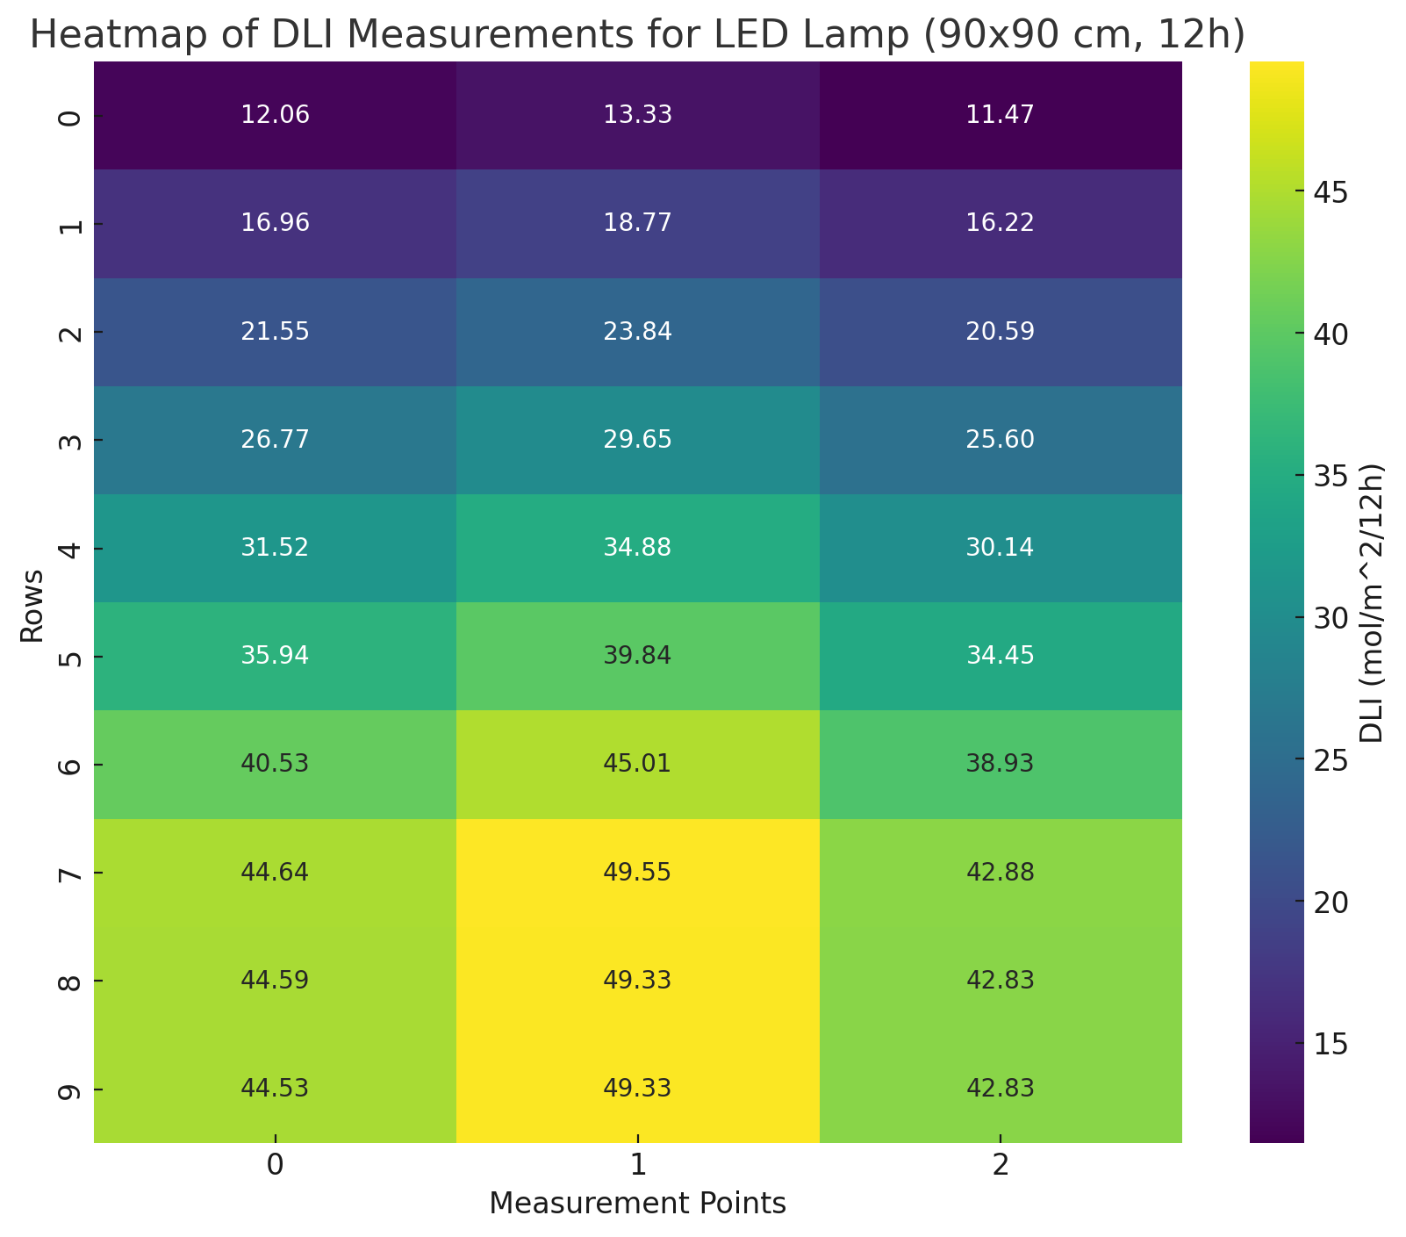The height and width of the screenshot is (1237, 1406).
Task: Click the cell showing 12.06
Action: (275, 116)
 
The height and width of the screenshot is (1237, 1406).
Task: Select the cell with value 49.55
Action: (637, 873)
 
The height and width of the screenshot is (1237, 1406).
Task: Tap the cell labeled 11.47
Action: (1000, 116)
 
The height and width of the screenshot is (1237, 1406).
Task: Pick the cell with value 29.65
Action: (637, 441)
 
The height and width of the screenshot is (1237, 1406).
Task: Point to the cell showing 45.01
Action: (637, 765)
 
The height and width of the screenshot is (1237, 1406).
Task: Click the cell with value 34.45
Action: (1000, 657)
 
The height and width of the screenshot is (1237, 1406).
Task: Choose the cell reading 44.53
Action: (275, 1089)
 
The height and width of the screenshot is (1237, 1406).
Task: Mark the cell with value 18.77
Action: (637, 224)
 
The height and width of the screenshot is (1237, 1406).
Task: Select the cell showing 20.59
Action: (1000, 332)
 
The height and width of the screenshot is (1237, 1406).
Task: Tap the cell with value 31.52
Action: (275, 549)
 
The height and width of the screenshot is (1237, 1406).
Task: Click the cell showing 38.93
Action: (1000, 765)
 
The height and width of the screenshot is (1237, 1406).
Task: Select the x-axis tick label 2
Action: (1000, 1167)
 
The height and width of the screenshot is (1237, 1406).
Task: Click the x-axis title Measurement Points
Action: (637, 1204)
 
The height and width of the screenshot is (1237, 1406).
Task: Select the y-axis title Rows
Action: (32, 606)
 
